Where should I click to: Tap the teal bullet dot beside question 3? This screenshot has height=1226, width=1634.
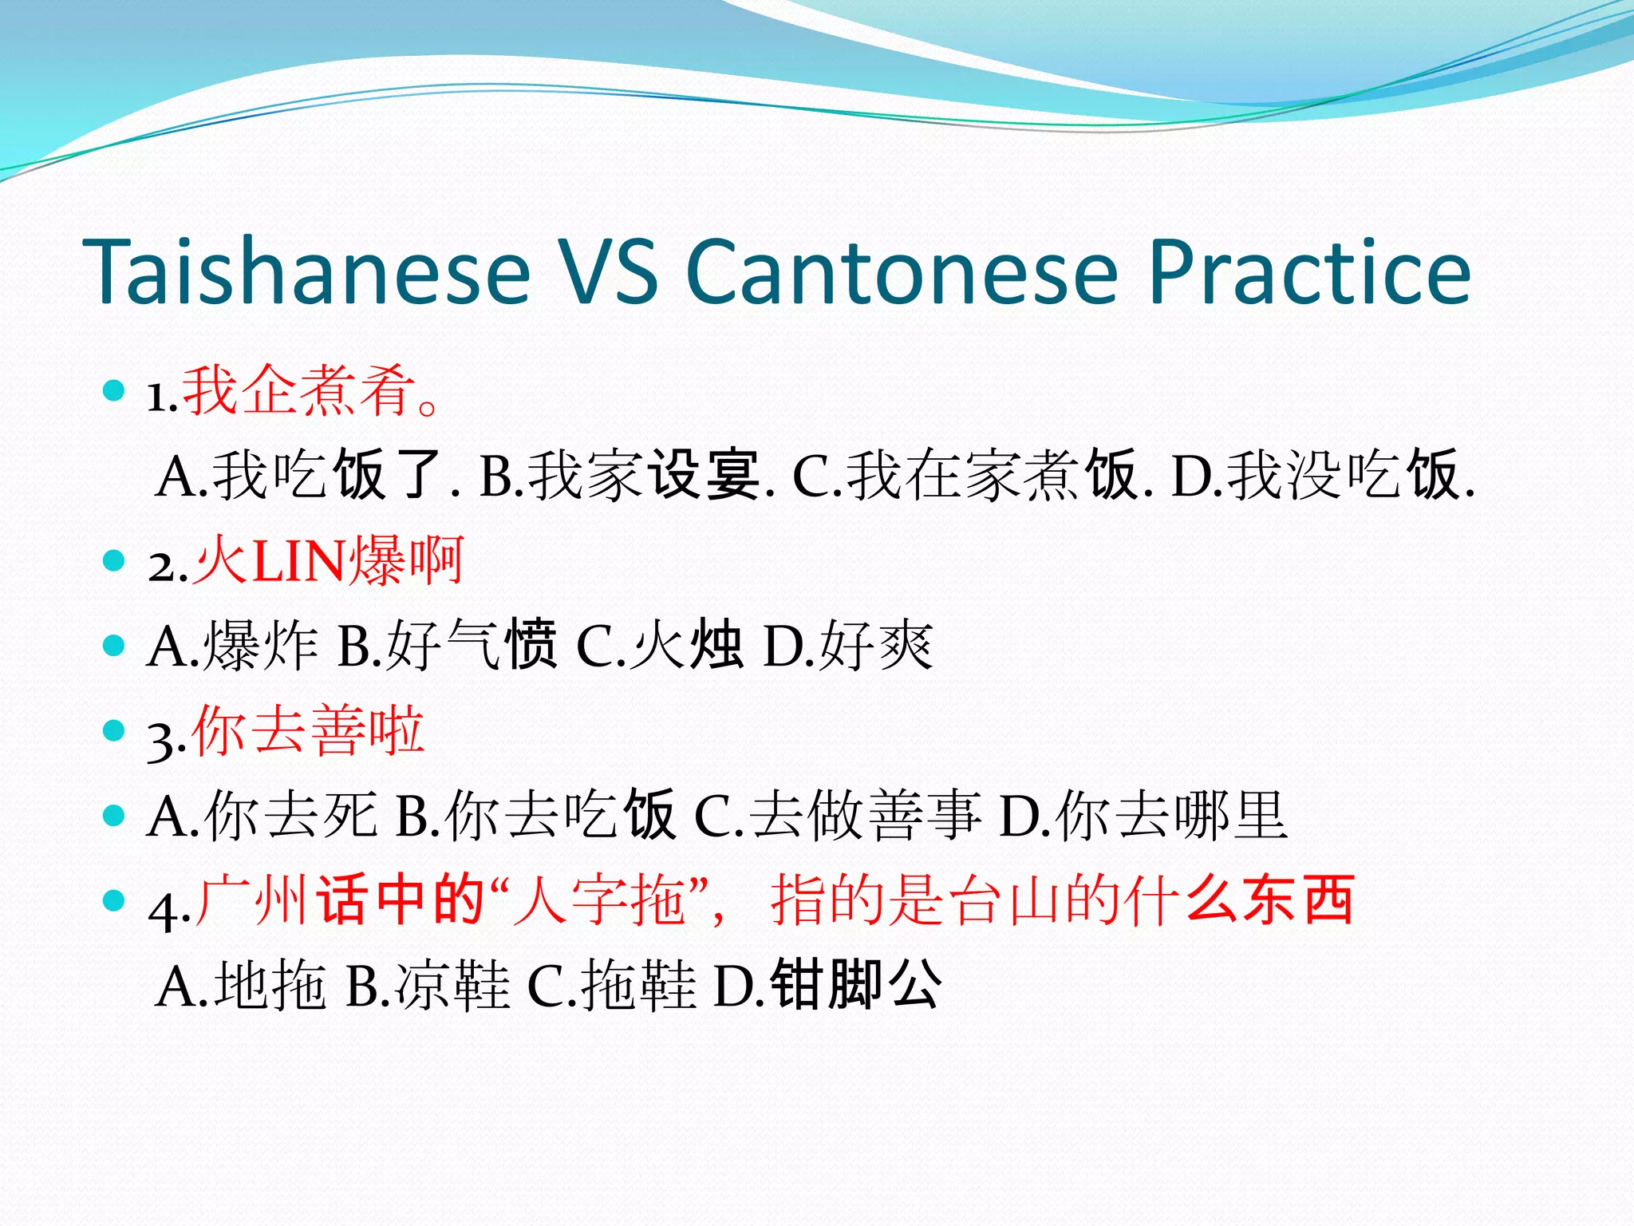[115, 731]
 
